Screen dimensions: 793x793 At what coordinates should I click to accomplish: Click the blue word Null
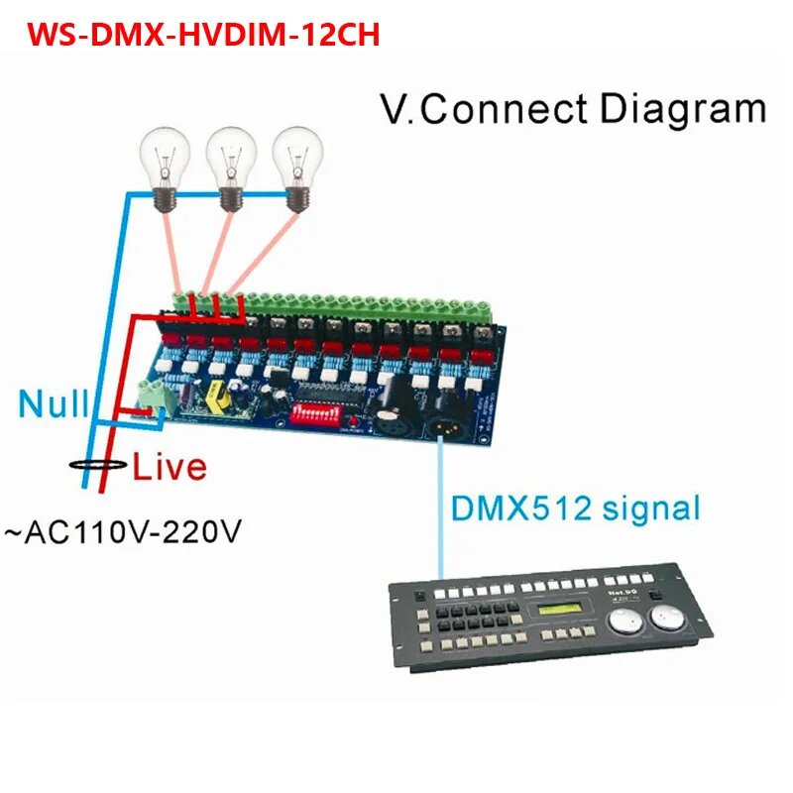53,404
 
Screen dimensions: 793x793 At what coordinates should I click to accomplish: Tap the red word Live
170,465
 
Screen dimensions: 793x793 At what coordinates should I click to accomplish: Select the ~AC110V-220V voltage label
123,532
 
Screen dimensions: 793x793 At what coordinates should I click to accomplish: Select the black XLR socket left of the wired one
389,422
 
